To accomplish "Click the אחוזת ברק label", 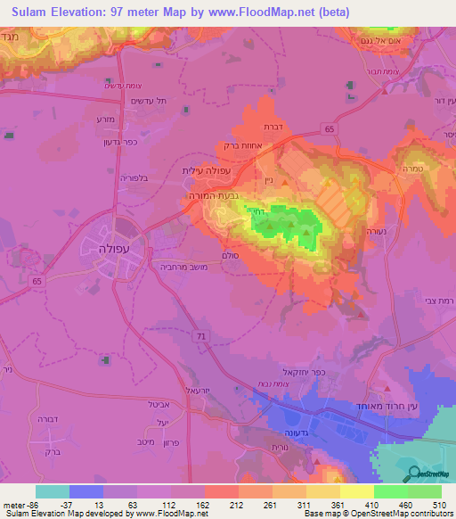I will click(x=242, y=148).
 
